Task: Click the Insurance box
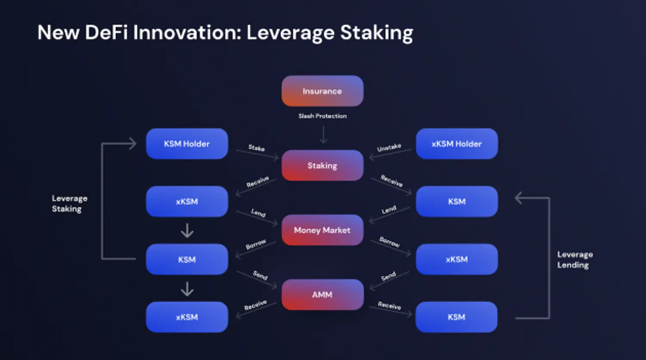[x=323, y=91]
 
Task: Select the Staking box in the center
[x=323, y=165]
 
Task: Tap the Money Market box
[x=323, y=230]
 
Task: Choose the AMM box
[x=323, y=295]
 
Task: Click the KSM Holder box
[x=187, y=144]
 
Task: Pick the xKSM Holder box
[x=457, y=144]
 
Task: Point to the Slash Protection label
[x=323, y=116]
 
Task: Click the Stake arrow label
[x=256, y=148]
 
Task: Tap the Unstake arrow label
[x=389, y=147]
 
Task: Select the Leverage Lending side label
[x=575, y=260]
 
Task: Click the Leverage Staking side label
[x=69, y=204]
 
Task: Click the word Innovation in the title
[x=187, y=32]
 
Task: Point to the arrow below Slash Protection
[x=323, y=135]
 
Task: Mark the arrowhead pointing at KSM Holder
[x=133, y=143]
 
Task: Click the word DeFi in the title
[x=106, y=32]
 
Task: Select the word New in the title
[x=58, y=32]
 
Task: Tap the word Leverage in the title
[x=290, y=33]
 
